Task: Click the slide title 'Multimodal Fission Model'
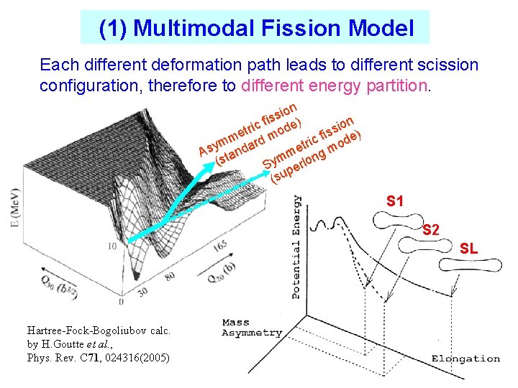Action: click(256, 28)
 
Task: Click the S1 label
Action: click(395, 201)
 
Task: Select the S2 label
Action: click(431, 230)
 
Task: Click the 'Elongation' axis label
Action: click(465, 359)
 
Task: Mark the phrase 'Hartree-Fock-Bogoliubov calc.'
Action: click(99, 331)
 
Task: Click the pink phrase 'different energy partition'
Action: click(335, 86)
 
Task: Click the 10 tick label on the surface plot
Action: click(113, 246)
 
